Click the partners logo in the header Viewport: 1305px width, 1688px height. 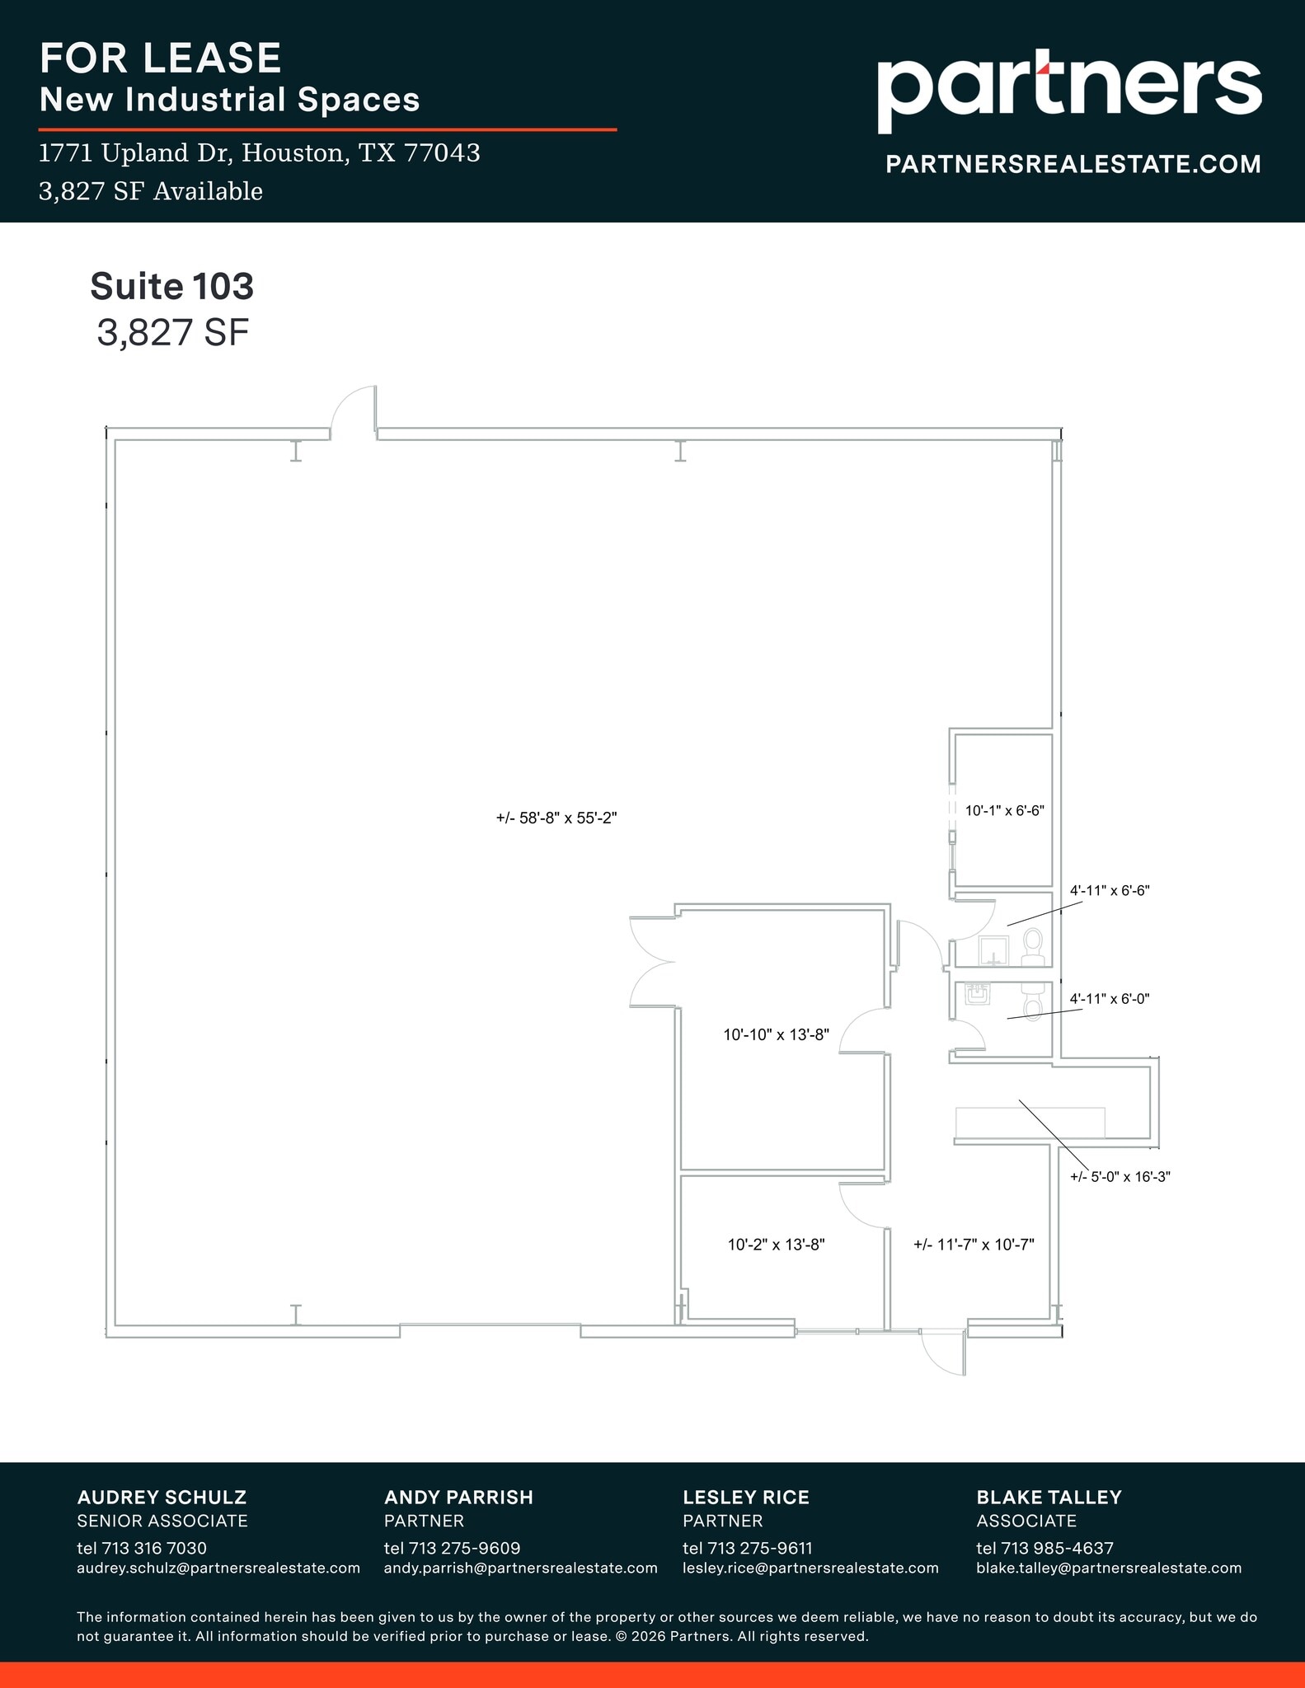[1068, 91]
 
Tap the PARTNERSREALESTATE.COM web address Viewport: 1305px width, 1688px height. [1073, 164]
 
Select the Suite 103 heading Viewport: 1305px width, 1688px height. [171, 287]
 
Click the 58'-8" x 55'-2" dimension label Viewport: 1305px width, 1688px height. [556, 818]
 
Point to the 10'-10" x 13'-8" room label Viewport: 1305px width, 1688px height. [776, 1034]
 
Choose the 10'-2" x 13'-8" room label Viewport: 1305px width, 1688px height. [776, 1245]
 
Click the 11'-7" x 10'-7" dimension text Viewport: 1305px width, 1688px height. [974, 1245]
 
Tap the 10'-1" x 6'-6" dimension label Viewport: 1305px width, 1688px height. [1004, 810]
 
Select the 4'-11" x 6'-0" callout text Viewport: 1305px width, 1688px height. [1110, 998]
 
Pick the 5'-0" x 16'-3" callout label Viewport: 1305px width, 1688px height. [1120, 1177]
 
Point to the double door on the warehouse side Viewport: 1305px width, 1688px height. [651, 961]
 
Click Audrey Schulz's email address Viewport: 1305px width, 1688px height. [218, 1568]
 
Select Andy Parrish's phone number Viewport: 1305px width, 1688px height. [452, 1548]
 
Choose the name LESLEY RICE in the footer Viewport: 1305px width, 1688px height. [745, 1497]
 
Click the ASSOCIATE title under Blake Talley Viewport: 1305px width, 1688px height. [1026, 1521]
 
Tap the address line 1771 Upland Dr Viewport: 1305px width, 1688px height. [260, 153]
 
